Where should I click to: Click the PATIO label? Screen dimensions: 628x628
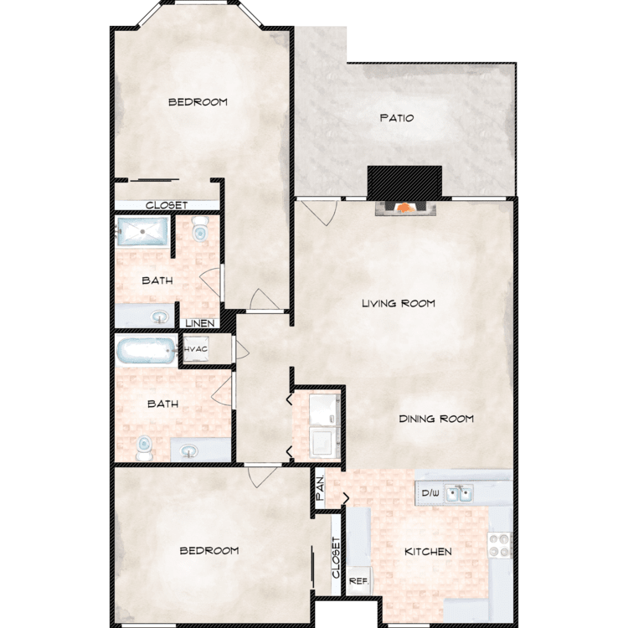397,118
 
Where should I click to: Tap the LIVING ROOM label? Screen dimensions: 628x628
399,303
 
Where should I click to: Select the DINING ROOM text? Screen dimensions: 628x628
436,419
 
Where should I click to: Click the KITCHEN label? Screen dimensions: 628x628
428,552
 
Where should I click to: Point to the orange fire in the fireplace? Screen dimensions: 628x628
405,208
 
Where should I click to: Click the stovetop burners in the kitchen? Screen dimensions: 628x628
500,545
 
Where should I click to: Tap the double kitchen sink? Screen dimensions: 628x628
459,493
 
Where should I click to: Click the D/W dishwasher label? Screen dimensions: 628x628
430,493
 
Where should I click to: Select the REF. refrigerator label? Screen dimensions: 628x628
358,581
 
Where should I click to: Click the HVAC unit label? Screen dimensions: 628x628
196,349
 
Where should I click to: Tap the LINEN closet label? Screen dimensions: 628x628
200,323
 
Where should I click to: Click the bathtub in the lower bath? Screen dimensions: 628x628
147,351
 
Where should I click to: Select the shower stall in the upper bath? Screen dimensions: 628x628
142,231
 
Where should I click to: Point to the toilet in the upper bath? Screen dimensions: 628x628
199,229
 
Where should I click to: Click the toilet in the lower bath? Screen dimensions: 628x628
144,448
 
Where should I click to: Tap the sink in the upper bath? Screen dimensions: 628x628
160,318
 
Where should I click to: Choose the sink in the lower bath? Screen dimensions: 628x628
189,452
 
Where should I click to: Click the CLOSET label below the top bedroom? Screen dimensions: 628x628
167,205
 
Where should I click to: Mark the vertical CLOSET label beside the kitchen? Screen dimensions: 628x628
336,558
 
